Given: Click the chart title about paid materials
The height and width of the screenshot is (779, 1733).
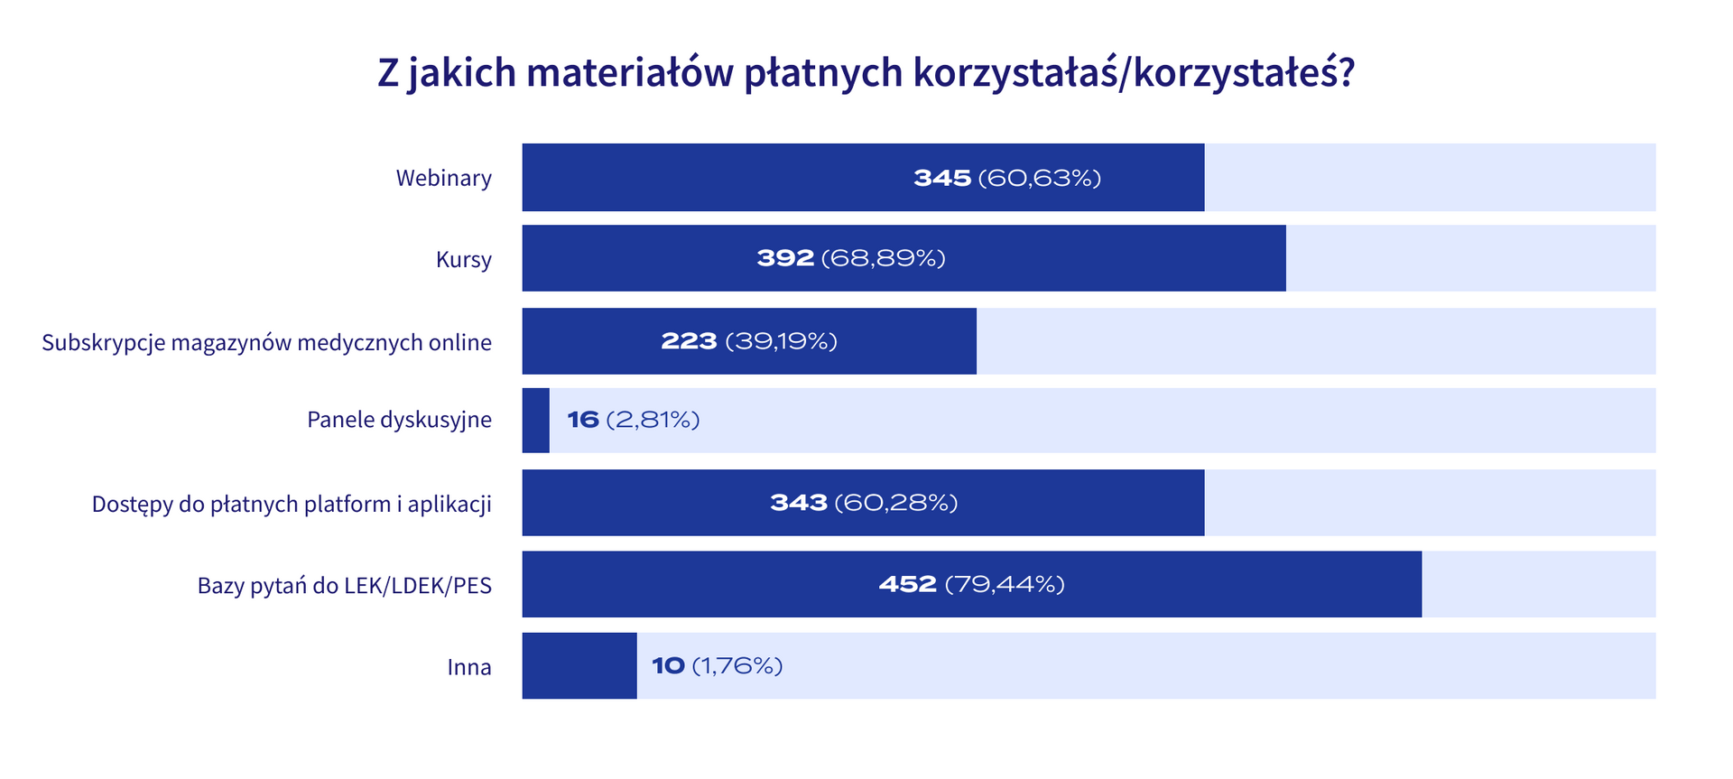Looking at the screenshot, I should tap(866, 73).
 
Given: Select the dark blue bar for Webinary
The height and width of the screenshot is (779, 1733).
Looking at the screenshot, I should tap(722, 178).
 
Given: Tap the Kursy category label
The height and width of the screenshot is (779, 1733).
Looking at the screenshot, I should tap(464, 260).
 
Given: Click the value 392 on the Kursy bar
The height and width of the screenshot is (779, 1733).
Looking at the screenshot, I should tap(785, 259).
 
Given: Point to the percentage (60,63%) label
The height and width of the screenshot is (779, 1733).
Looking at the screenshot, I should tap(1039, 178).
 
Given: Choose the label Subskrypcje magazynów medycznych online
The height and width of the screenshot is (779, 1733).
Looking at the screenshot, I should tap(267, 343).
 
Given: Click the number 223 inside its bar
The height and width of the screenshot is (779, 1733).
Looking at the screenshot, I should tap(689, 341).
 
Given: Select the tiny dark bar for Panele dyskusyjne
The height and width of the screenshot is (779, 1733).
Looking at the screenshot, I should tap(535, 421).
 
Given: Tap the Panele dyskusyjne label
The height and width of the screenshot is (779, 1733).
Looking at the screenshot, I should tap(399, 420).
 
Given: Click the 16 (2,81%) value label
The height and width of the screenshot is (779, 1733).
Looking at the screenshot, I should tap(633, 420).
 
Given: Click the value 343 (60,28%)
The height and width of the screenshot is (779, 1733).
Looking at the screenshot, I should tap(863, 503).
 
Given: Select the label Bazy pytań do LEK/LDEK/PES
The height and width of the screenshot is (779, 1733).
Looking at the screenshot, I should tap(345, 586).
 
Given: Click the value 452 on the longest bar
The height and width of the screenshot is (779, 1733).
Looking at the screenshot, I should tap(907, 585).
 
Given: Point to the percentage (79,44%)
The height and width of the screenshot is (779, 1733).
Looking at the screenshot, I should tap(1005, 585).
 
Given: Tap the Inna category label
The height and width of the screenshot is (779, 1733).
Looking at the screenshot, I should tap(469, 667).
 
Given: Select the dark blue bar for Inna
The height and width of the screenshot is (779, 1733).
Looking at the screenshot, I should tap(579, 666).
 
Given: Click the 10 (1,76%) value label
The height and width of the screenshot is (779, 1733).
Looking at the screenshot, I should tap(717, 666).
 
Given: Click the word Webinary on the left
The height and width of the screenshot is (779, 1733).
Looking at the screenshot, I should tap(443, 178).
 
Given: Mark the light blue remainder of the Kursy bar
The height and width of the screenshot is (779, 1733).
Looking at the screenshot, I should tap(1470, 259).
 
